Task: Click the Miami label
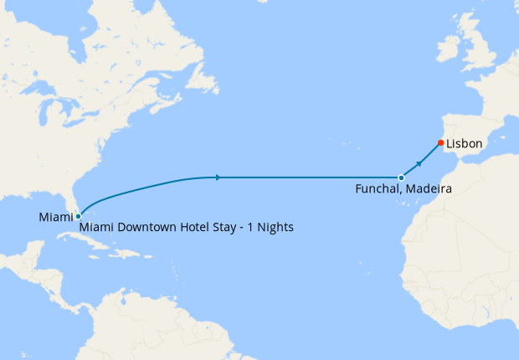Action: coord(55,218)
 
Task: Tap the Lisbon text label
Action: coord(464,144)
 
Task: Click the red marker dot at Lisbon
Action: coord(440,142)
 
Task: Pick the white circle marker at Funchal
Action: coord(402,177)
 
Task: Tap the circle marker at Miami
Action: coord(78,216)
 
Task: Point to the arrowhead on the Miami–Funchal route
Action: coord(218,177)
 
